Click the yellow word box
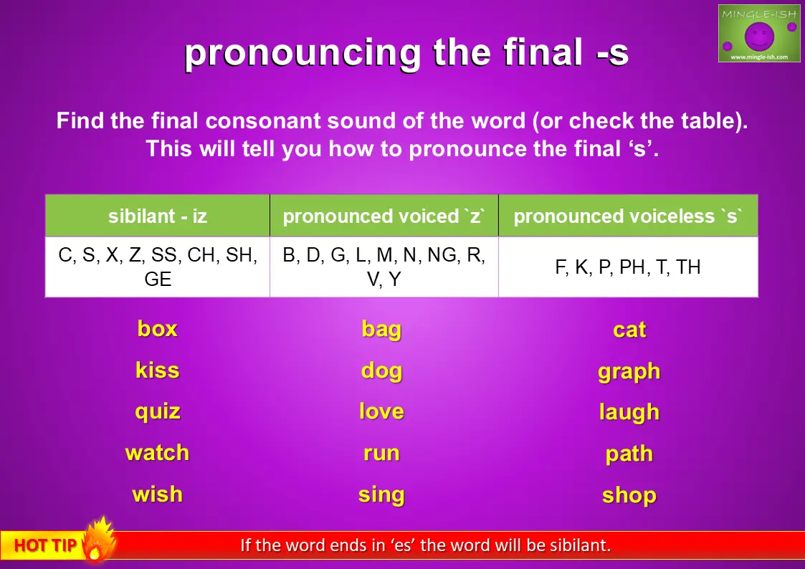(x=157, y=328)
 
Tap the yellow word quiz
(x=158, y=412)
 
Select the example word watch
(x=157, y=452)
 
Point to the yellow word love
(x=381, y=411)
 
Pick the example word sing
(x=381, y=495)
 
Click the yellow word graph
(x=629, y=371)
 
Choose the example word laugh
(x=629, y=412)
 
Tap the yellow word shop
(x=629, y=495)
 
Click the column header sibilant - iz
(x=158, y=216)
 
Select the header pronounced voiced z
(x=384, y=216)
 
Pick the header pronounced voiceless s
(x=628, y=216)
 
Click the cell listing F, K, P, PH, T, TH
(x=628, y=267)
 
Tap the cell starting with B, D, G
(x=384, y=267)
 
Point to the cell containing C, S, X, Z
(x=158, y=267)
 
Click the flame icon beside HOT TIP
(x=97, y=540)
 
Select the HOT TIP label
(x=45, y=545)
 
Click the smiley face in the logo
(x=759, y=36)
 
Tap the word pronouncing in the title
(x=303, y=53)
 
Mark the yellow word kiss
(x=158, y=370)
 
